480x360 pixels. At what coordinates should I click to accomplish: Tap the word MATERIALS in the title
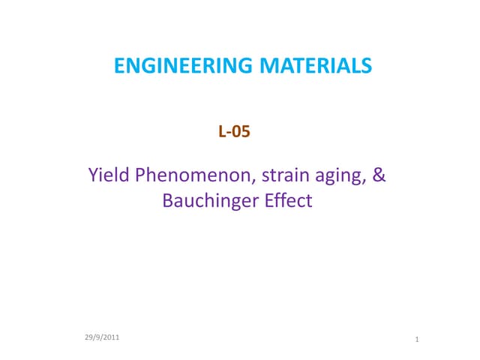click(x=316, y=67)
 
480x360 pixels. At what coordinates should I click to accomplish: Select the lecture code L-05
click(x=233, y=133)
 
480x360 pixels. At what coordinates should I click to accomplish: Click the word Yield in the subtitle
click(x=108, y=177)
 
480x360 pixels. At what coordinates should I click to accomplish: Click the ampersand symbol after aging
click(x=379, y=177)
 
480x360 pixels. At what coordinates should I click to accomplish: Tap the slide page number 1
click(x=416, y=341)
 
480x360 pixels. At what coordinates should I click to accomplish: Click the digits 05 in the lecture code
click(x=241, y=133)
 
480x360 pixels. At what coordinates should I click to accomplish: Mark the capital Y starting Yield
click(x=94, y=177)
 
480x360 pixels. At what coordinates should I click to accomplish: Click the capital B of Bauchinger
click(x=167, y=200)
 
